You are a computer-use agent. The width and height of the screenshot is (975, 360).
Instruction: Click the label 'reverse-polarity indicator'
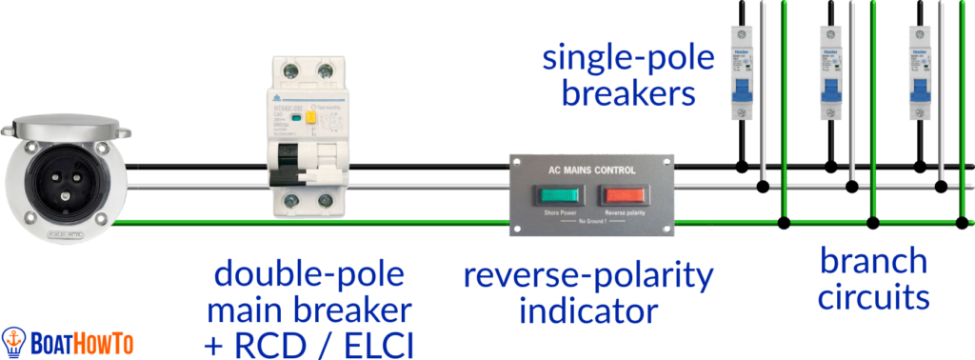pyautogui.click(x=588, y=293)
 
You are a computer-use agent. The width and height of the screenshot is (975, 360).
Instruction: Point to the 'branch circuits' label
pyautogui.click(x=874, y=279)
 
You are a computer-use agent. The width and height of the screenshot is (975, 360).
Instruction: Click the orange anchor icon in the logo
pyautogui.click(x=13, y=339)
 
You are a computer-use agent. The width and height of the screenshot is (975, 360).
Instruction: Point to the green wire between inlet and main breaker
pyautogui.click(x=190, y=223)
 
